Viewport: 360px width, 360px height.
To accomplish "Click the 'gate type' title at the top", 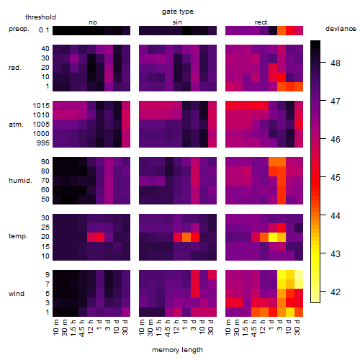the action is (178, 12).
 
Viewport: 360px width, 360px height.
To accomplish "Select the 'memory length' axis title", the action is (177, 350).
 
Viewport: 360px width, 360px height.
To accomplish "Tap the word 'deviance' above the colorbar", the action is (341, 29).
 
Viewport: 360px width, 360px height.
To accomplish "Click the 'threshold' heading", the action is (40, 17).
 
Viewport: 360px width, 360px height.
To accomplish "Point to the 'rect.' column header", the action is (261, 22).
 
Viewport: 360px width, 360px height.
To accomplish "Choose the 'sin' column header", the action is (177, 22).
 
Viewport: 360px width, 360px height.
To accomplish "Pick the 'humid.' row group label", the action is (20, 181).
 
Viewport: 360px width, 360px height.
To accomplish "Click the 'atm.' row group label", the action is (16, 125).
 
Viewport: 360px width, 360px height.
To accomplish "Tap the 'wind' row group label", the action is (17, 294).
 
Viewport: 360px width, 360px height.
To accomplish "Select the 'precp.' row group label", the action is (19, 29).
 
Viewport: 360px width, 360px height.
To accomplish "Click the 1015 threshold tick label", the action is (41, 106).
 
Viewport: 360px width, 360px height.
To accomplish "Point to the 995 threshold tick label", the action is (43, 143).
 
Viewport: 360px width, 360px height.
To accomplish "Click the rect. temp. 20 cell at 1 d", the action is (273, 237).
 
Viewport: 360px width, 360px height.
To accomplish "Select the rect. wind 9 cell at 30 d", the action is (299, 275).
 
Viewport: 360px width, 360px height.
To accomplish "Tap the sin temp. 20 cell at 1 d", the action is (186, 237).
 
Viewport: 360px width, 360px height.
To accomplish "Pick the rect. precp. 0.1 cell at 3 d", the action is (282, 30).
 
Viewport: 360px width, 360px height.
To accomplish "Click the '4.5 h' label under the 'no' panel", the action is (81, 328).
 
